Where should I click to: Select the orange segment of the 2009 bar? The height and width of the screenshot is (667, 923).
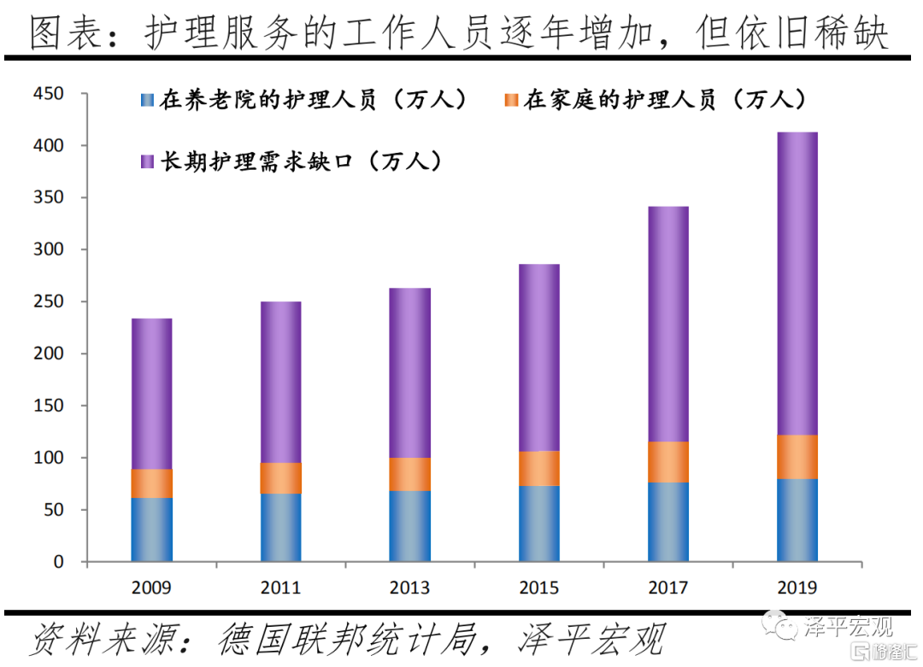(x=151, y=483)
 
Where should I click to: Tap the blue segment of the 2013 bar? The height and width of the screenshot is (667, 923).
(x=409, y=526)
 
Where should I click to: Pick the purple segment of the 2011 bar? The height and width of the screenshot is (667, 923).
(x=280, y=382)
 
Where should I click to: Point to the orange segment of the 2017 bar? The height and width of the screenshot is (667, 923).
(x=667, y=462)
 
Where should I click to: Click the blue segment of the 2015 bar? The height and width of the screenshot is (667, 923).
(x=538, y=524)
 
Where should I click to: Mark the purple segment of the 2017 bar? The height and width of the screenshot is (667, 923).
(x=667, y=324)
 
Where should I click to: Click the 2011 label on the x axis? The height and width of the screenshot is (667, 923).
(x=280, y=588)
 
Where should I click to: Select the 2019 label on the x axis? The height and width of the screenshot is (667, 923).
(x=797, y=588)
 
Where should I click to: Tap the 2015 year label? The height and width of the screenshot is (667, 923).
(x=538, y=588)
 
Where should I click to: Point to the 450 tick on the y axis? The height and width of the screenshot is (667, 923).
(x=49, y=94)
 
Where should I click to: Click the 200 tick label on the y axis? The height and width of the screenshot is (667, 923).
(x=49, y=354)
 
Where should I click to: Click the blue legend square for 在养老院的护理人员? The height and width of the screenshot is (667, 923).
(x=145, y=101)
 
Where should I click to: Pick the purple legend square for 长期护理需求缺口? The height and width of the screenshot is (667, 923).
(x=145, y=161)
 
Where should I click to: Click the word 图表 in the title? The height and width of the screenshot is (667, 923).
(x=62, y=32)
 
